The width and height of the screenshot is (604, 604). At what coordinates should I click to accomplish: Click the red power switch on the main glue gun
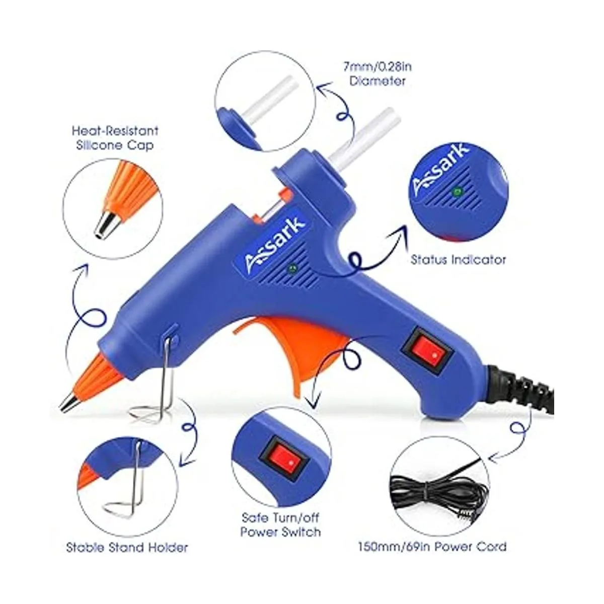tap(427, 354)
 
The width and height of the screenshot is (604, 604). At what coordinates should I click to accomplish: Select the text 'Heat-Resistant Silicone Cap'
tap(115, 138)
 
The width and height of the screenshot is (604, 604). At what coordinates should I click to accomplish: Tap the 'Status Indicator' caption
tap(458, 260)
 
